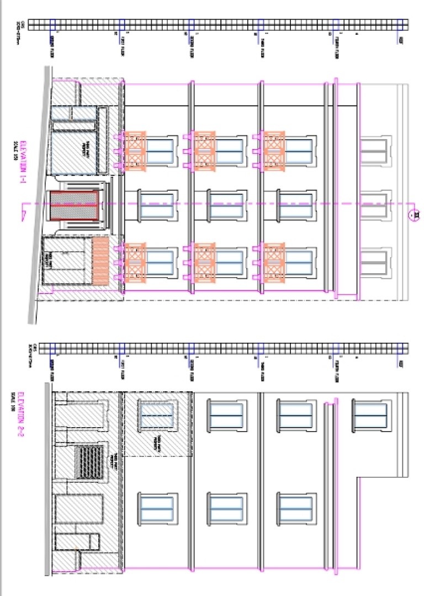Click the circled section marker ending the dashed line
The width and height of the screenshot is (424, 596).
click(412, 215)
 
